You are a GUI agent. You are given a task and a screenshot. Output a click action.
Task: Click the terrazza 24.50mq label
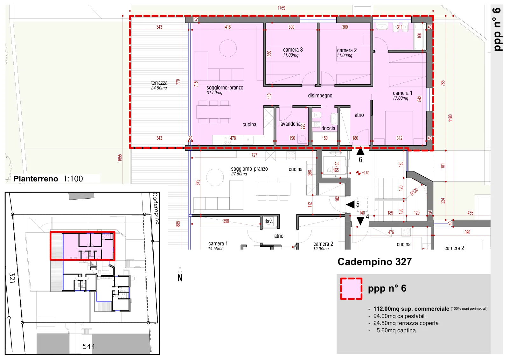point(159,85)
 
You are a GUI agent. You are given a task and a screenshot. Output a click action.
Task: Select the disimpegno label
point(320,95)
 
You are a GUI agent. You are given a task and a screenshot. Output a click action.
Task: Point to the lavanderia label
point(290,124)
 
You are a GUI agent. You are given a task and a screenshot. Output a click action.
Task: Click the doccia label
point(328,128)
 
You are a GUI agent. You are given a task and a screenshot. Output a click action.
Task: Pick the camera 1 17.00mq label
point(402,95)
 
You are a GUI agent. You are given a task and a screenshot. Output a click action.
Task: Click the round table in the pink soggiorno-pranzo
point(228,48)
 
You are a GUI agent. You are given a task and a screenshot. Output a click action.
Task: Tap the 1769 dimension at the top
point(281,8)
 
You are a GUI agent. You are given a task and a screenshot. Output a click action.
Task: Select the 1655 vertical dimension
point(120,158)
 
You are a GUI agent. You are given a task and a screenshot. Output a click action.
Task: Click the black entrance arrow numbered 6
point(360,152)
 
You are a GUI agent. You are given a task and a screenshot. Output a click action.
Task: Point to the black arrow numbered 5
point(350,204)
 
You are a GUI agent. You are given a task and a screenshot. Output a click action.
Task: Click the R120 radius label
point(414,192)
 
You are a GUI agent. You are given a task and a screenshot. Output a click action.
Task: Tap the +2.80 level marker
point(363,173)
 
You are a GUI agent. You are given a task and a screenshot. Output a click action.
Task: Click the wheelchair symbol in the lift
point(329,169)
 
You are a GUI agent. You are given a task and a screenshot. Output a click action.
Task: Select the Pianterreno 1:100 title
point(48,179)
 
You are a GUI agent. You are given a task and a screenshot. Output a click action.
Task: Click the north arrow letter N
point(180,278)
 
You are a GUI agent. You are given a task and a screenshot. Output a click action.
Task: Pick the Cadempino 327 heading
point(374,262)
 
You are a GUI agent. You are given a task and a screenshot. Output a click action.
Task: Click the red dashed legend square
point(351,289)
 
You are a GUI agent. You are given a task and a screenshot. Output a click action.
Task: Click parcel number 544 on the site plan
point(89,346)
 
